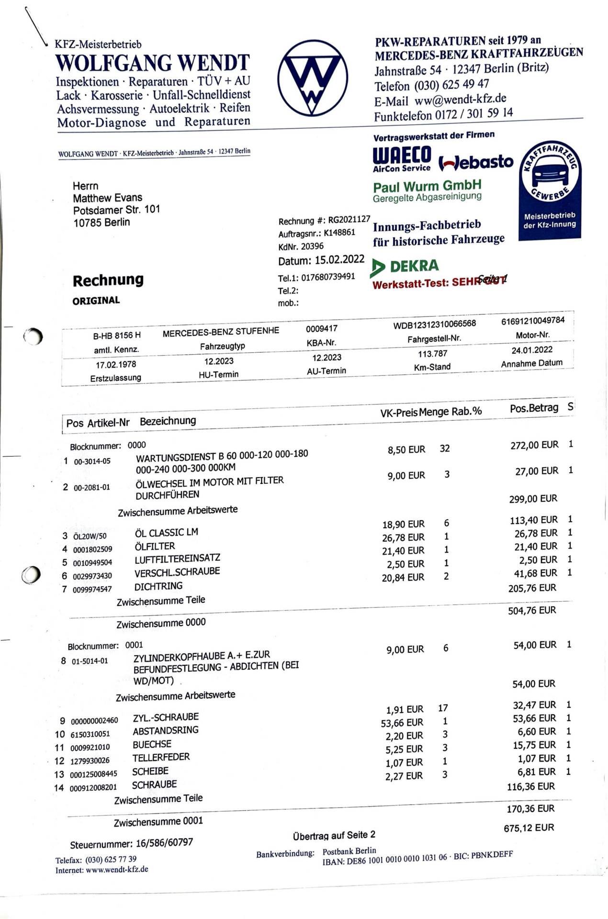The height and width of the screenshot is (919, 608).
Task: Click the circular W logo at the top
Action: click(x=312, y=78)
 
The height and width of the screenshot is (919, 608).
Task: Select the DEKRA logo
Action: click(x=405, y=267)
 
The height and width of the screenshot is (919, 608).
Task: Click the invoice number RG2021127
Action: click(x=349, y=220)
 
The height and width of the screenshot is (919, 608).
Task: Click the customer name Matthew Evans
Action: click(x=107, y=198)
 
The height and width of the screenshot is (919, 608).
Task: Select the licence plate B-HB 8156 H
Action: click(x=117, y=335)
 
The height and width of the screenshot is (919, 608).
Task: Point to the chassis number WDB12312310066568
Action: click(x=434, y=325)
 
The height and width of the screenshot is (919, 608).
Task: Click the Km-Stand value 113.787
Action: click(x=432, y=354)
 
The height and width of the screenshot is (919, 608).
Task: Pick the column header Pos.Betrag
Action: click(x=534, y=408)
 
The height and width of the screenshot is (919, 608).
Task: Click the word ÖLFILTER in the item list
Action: click(x=155, y=546)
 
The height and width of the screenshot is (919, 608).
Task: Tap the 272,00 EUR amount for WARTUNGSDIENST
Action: click(x=534, y=445)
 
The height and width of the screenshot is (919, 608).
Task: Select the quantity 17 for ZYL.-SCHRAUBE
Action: click(x=443, y=708)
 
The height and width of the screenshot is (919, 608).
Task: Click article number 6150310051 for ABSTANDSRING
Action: click(x=90, y=734)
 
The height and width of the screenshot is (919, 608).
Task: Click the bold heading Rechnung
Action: click(x=108, y=280)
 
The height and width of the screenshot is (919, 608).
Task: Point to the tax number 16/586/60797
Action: click(x=164, y=843)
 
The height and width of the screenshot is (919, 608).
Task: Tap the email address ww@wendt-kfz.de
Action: click(x=460, y=99)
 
